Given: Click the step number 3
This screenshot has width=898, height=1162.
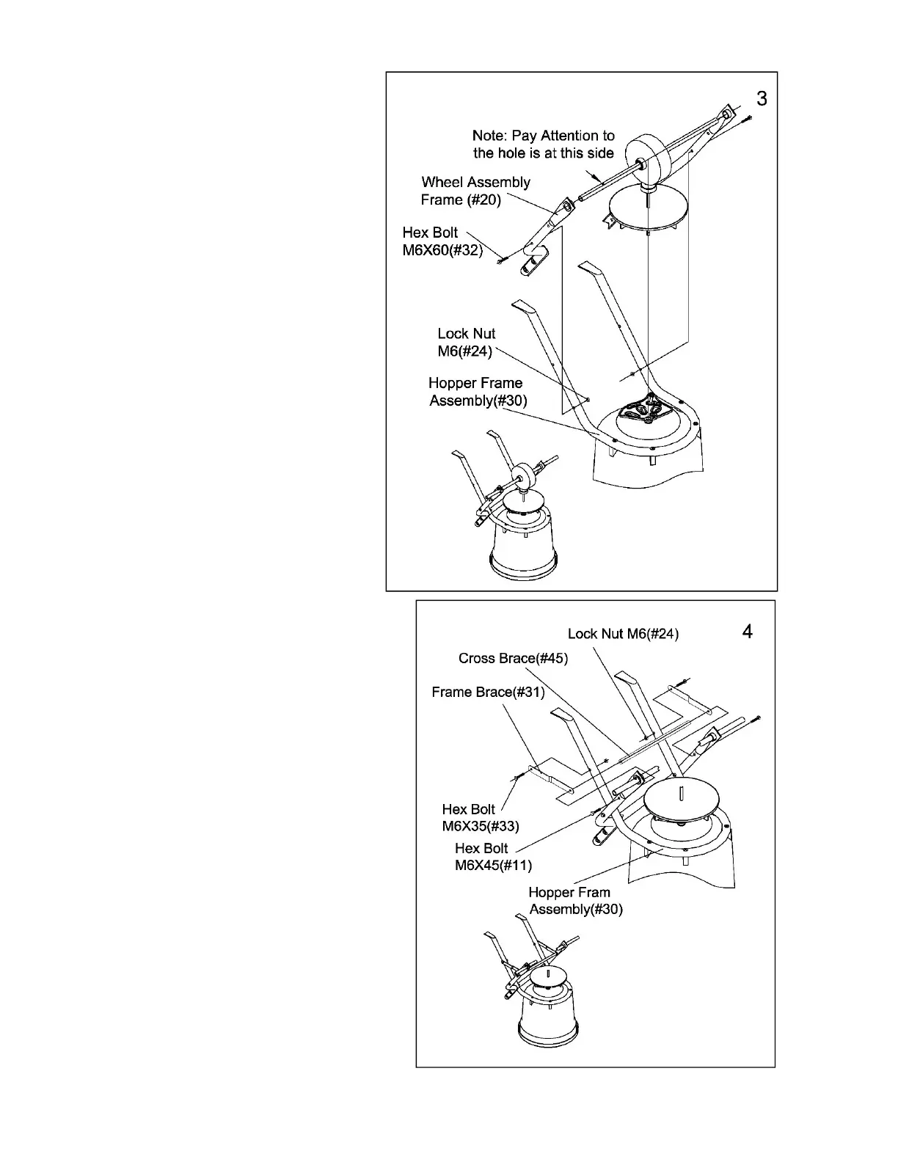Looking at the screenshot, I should (762, 99).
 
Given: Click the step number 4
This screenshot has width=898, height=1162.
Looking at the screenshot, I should (747, 632).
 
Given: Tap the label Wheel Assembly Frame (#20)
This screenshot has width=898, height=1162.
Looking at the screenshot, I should (475, 191).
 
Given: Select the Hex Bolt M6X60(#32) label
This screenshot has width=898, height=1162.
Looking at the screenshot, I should (442, 241).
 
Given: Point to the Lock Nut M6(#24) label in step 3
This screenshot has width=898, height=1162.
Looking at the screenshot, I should (466, 343).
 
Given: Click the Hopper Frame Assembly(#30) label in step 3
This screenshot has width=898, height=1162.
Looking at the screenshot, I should (477, 392).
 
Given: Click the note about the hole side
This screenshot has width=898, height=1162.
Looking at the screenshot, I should (543, 145).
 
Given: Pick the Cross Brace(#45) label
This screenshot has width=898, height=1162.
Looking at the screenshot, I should (513, 658).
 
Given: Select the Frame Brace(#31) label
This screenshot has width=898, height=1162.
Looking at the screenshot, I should (488, 692).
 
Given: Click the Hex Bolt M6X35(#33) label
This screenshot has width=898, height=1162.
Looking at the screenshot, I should (480, 817).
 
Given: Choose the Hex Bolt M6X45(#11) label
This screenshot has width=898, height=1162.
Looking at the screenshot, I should (492, 857).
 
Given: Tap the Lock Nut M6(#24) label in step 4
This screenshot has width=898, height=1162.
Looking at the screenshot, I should (623, 634).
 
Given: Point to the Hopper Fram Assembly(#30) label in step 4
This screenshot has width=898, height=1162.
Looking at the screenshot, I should (575, 901).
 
